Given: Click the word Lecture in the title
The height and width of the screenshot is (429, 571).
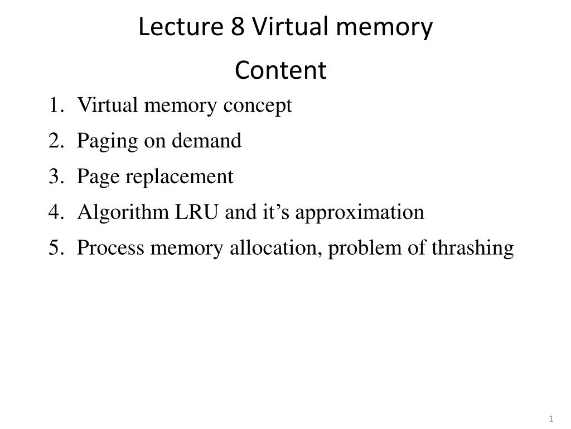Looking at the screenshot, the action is point(181,26).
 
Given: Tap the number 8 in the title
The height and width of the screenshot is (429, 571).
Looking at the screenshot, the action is point(238,27).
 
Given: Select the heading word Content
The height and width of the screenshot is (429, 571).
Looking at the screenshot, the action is point(281,70).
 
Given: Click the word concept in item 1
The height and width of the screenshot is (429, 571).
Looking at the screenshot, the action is point(258,106).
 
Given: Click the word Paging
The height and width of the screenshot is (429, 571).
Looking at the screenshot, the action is point(108,141).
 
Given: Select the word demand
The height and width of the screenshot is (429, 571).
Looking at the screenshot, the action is point(206,140).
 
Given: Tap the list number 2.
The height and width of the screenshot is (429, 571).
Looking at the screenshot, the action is point(56,140).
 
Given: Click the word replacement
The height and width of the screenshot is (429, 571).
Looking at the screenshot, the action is point(179,177).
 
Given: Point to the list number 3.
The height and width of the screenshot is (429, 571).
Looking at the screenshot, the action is point(56,176).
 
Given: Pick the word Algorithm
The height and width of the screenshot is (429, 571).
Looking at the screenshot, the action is point(123,212).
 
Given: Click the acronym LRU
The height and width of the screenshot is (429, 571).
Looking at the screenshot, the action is point(197,212).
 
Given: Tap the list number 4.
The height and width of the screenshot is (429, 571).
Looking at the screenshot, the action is point(56,212).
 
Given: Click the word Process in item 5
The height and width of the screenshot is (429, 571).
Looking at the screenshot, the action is point(111,247).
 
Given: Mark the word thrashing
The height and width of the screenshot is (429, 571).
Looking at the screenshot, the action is point(473,248).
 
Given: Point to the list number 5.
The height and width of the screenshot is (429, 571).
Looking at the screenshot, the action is point(56,247).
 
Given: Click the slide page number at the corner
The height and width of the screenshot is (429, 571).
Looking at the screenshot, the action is point(551,419).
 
